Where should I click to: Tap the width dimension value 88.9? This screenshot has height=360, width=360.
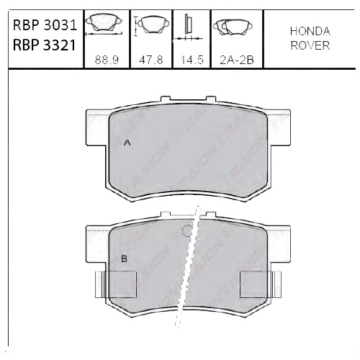[105, 62]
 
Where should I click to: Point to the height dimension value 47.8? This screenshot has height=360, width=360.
[149, 62]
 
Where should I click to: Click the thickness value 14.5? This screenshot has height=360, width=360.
[191, 62]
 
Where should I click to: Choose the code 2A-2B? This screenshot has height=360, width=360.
[233, 62]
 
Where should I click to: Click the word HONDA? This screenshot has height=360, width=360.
[310, 32]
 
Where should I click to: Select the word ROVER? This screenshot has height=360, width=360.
[310, 45]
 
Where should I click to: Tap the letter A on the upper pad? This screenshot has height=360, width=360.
[127, 143]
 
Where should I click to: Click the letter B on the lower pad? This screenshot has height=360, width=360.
[124, 258]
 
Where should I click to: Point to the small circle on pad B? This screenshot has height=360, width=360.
[187, 231]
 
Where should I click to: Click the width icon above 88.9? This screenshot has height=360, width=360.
[104, 27]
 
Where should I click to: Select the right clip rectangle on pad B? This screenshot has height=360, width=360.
[257, 282]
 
